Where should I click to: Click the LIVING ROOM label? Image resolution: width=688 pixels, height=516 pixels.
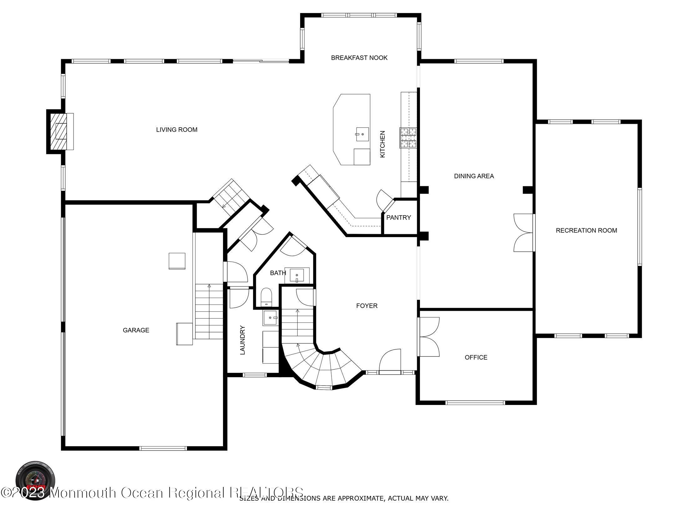(177, 129)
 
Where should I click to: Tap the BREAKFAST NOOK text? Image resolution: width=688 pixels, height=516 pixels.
(359, 58)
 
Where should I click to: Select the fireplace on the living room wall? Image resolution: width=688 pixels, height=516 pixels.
(60, 131)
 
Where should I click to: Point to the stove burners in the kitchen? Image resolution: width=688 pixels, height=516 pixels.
(408, 138)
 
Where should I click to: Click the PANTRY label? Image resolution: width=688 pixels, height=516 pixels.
(398, 218)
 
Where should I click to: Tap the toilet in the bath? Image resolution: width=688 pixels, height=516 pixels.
(266, 296)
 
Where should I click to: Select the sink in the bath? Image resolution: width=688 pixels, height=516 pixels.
(297, 276)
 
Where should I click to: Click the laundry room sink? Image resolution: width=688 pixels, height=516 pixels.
(270, 318)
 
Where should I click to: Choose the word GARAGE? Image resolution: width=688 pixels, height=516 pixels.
(136, 330)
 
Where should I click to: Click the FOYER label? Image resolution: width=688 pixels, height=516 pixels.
(367, 306)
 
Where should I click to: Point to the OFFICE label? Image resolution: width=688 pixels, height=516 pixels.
(476, 357)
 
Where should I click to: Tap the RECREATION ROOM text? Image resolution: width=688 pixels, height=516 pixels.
(586, 230)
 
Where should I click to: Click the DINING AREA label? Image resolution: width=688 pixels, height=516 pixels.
(474, 176)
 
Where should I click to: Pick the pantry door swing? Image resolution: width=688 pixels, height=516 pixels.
(384, 200)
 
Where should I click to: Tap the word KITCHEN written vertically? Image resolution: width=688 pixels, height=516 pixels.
(382, 144)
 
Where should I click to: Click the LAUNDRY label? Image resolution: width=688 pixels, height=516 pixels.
(242, 340)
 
